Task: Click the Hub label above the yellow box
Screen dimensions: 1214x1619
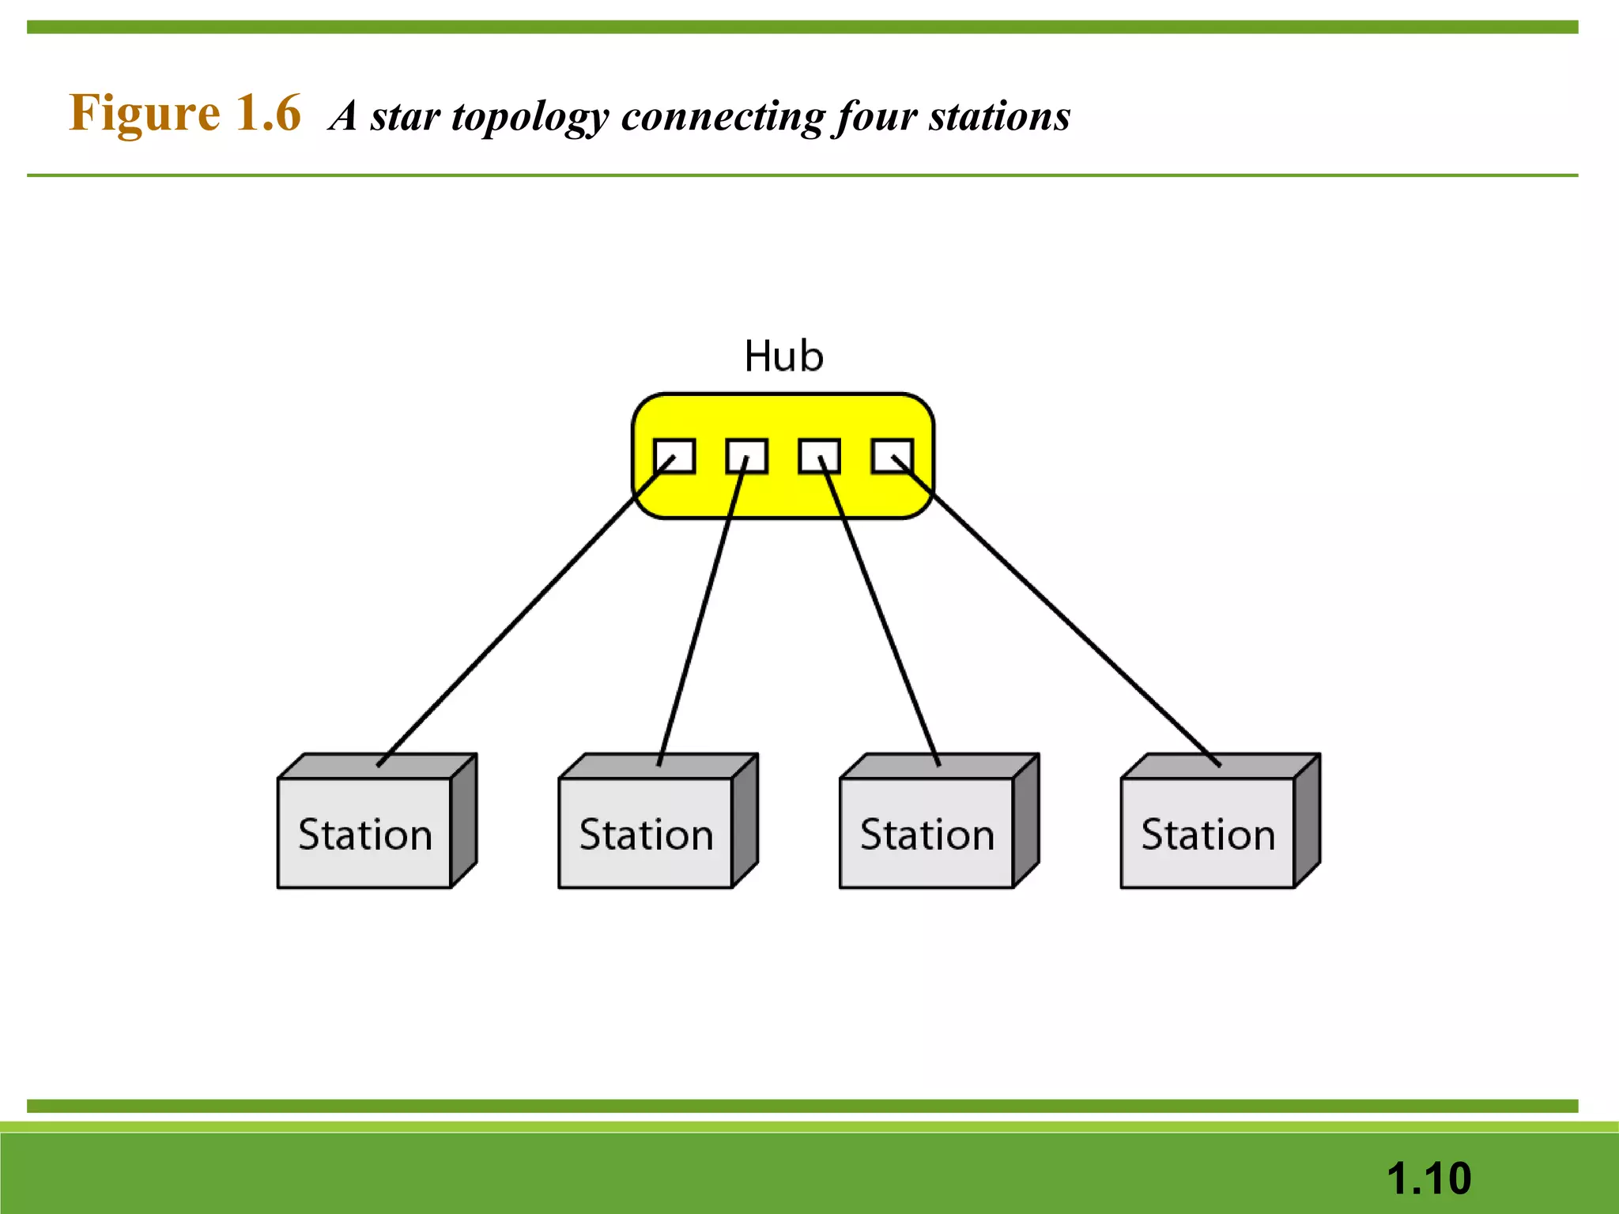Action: pos(783,356)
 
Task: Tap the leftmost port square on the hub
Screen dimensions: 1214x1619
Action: pos(674,456)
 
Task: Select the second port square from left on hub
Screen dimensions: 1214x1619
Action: pos(747,456)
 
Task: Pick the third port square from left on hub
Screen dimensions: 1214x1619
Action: pos(819,456)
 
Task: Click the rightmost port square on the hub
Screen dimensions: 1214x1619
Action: pos(892,456)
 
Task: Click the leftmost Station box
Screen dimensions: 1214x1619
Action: pos(365,832)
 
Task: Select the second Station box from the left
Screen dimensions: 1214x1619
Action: pos(646,832)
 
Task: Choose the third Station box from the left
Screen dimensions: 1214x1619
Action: pos(926,832)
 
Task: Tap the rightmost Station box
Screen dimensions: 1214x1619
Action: pos(1208,832)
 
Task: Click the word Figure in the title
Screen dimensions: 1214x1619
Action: pos(145,113)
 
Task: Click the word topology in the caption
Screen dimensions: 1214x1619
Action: pos(530,117)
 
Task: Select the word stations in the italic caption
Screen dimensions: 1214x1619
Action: pos(1000,117)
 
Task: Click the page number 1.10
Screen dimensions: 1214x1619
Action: pos(1428,1178)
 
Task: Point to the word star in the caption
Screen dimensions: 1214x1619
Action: pos(405,117)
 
